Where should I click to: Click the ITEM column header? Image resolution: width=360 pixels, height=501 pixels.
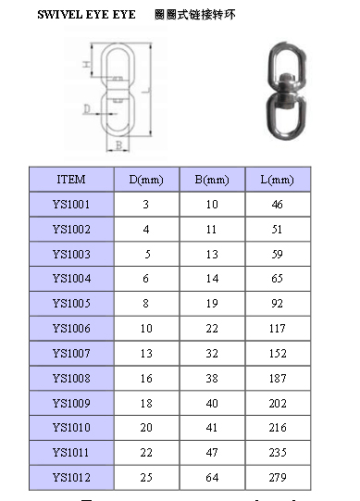pyautogui.click(x=71, y=180)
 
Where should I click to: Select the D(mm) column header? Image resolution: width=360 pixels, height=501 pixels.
pyautogui.click(x=146, y=180)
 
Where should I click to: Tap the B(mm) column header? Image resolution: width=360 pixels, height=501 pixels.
pyautogui.click(x=212, y=180)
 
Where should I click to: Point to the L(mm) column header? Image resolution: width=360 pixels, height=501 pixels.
pyautogui.click(x=278, y=180)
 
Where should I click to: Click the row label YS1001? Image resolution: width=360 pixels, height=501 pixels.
pyautogui.click(x=71, y=204)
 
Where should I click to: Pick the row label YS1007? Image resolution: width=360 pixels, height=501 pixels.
pyautogui.click(x=71, y=354)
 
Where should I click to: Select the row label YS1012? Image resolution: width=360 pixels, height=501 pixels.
pyautogui.click(x=71, y=477)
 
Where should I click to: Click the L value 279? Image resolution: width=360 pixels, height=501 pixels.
pyautogui.click(x=278, y=477)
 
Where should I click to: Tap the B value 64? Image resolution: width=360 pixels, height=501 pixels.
pyautogui.click(x=212, y=477)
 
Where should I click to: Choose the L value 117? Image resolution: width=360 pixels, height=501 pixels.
pyautogui.click(x=278, y=329)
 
